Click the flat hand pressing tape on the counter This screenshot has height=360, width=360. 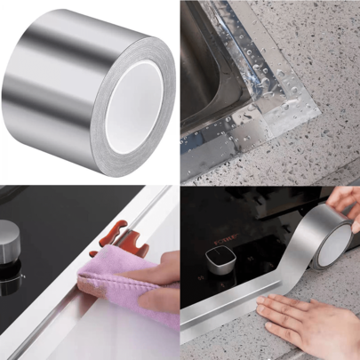click(x=302, y=320)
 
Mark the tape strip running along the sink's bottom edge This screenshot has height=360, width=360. click(x=222, y=160)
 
